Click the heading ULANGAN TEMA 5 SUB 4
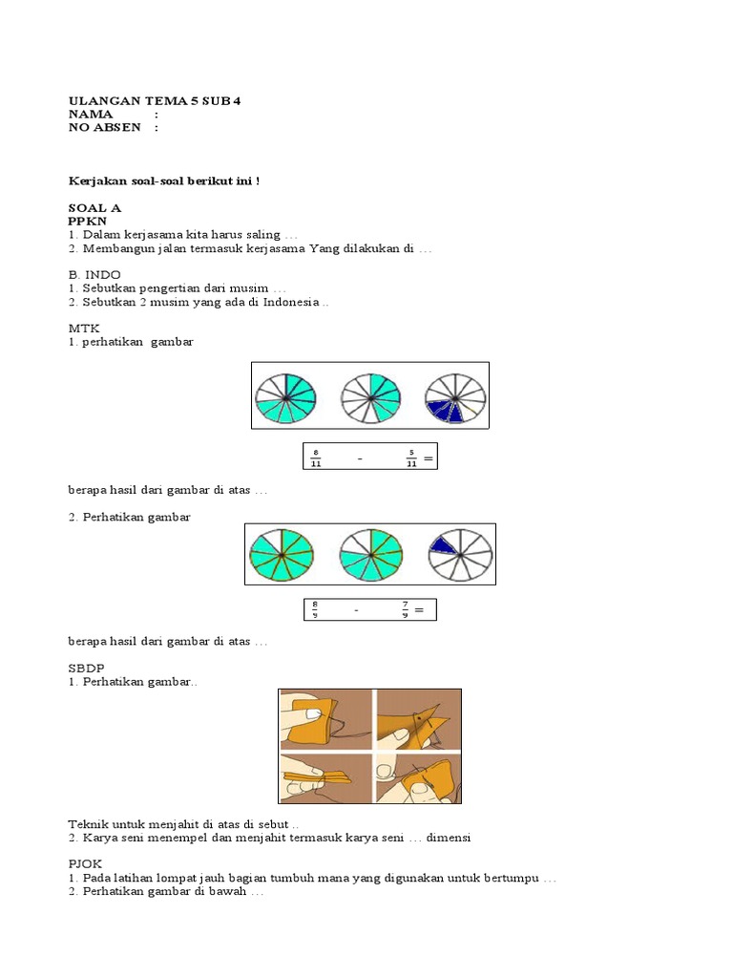(154, 100)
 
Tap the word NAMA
(91, 115)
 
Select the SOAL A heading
(94, 207)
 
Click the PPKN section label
(88, 221)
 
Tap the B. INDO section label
(94, 274)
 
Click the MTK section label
(83, 328)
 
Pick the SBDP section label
(86, 669)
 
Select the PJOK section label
(86, 863)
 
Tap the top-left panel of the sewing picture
(325, 719)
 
